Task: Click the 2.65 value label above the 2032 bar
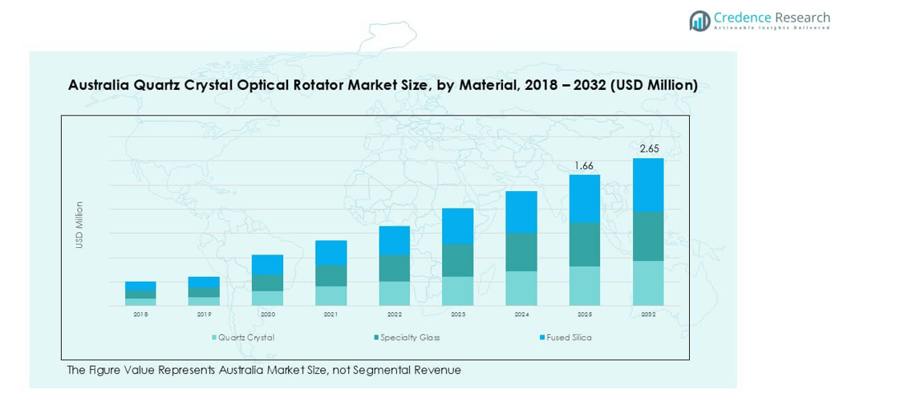click(649, 148)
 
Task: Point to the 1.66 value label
click(585, 165)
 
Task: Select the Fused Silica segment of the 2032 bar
click(648, 185)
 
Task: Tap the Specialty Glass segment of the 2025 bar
click(585, 244)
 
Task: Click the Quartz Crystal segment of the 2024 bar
click(521, 288)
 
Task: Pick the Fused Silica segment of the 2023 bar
click(458, 226)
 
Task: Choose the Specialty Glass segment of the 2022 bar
click(395, 268)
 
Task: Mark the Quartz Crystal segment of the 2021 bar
click(331, 295)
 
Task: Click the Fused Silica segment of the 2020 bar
click(268, 264)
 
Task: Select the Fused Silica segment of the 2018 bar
click(140, 286)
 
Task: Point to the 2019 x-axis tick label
click(205, 315)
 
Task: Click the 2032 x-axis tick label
click(648, 315)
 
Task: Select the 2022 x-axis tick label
click(395, 315)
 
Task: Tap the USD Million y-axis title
click(79, 225)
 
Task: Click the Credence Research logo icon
click(699, 21)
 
